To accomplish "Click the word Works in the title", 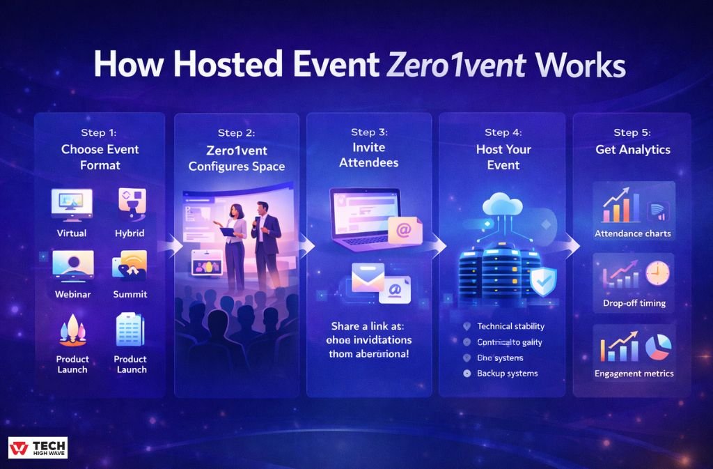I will [x=581, y=66].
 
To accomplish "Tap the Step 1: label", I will [x=100, y=132].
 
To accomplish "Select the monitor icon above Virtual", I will [x=71, y=203].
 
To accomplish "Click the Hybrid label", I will [x=130, y=233].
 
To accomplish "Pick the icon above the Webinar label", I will [x=72, y=265].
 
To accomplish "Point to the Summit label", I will [x=130, y=294].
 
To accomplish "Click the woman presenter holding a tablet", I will [x=233, y=244].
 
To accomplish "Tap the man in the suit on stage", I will [x=266, y=244].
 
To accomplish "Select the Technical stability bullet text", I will [x=511, y=326].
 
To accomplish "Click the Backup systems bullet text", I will [x=508, y=374].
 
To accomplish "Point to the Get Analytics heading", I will [x=633, y=149].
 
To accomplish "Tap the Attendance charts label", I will [x=633, y=233].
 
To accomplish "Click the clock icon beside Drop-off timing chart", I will [x=656, y=273].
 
